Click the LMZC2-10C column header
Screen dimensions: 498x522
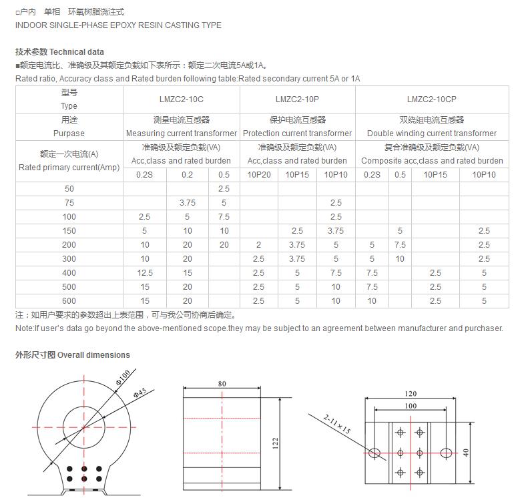pyautogui.click(x=181, y=99)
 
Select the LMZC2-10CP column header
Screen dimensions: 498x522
pyautogui.click(x=431, y=99)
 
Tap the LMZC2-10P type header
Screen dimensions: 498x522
pyautogui.click(x=297, y=99)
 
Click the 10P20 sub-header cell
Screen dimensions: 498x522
pyautogui.click(x=259, y=175)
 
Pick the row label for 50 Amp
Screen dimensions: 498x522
pyautogui.click(x=69, y=189)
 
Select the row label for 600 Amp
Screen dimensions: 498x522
pyautogui.click(x=69, y=301)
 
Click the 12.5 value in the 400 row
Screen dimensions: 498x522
pyautogui.click(x=144, y=273)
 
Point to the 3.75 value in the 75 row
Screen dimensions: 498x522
pyautogui.click(x=187, y=203)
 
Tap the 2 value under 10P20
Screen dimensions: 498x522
pyautogui.click(x=259, y=245)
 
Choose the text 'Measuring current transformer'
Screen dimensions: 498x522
pyautogui.click(x=181, y=134)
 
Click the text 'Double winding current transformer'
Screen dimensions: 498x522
pyautogui.click(x=431, y=134)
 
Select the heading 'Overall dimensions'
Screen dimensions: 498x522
pyautogui.click(x=93, y=355)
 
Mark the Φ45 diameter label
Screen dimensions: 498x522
pyautogui.click(x=140, y=392)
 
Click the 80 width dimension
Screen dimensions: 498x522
pyautogui.click(x=222, y=384)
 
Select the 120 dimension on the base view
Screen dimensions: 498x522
pyautogui.click(x=411, y=394)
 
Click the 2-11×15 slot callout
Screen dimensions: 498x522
pyautogui.click(x=338, y=423)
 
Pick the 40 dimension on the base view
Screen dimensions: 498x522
pyautogui.click(x=467, y=452)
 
